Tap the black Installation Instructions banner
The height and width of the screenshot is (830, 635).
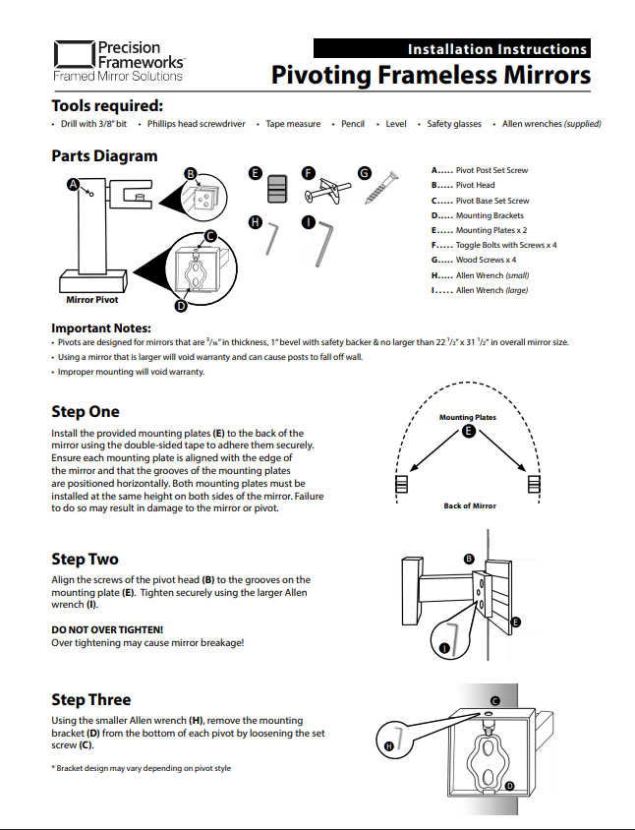tap(451, 48)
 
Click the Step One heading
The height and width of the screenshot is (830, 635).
tap(86, 412)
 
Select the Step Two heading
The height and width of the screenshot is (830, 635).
tap(85, 560)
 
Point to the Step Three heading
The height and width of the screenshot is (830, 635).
tap(90, 700)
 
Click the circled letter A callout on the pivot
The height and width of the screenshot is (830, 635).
tap(73, 184)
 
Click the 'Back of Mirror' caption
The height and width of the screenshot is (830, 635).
tap(470, 505)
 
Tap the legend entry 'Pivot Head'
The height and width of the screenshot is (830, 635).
tap(475, 185)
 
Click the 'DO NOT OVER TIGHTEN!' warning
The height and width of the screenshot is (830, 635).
tap(107, 628)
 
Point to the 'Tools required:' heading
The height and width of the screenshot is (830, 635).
tap(107, 106)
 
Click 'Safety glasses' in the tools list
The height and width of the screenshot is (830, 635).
tap(454, 125)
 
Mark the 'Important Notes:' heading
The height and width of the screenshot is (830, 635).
tap(101, 327)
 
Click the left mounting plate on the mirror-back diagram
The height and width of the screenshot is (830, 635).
tap(401, 485)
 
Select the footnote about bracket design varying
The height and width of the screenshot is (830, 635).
tap(141, 767)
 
